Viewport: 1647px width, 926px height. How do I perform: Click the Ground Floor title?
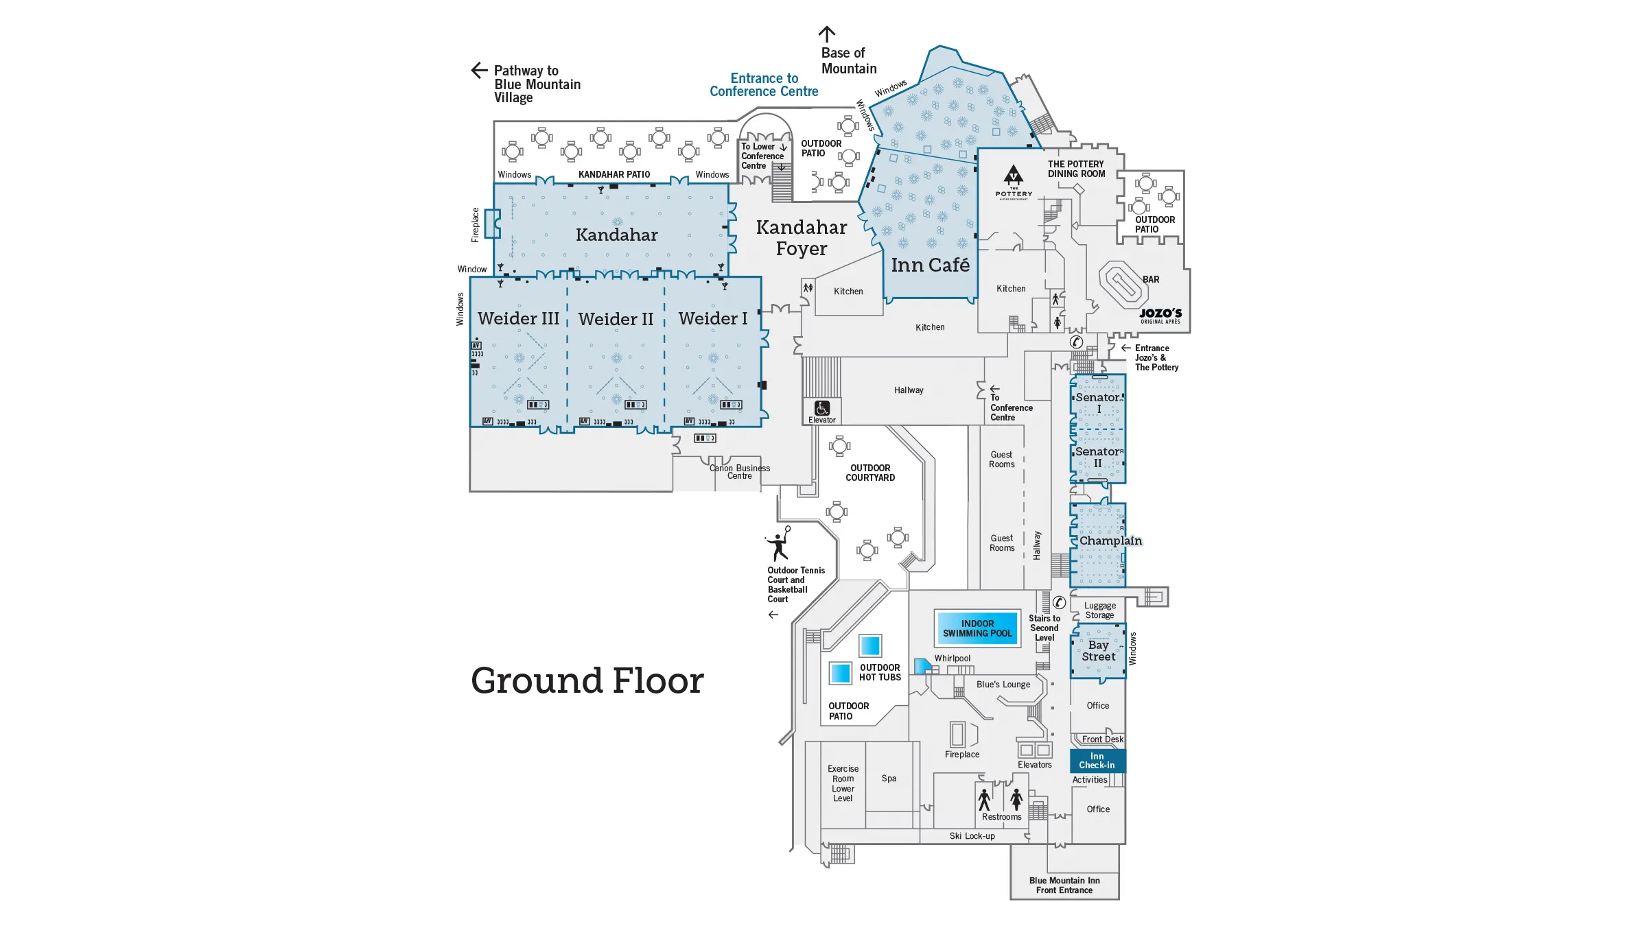pyautogui.click(x=587, y=681)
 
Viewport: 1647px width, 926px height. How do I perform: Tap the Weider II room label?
pyautogui.click(x=616, y=320)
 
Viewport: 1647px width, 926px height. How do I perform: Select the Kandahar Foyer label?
pyautogui.click(x=802, y=238)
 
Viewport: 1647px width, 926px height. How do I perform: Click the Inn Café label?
pyautogui.click(x=930, y=265)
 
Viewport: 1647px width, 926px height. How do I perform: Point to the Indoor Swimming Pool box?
pyautogui.click(x=977, y=628)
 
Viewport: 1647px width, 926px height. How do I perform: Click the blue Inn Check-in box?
pyautogui.click(x=1097, y=761)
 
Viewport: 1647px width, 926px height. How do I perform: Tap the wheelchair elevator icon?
pyautogui.click(x=822, y=409)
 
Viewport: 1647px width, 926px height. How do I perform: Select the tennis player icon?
pyautogui.click(x=779, y=544)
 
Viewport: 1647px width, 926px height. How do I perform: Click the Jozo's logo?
pyautogui.click(x=1160, y=315)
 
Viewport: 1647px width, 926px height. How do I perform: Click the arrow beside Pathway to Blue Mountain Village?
pyautogui.click(x=479, y=70)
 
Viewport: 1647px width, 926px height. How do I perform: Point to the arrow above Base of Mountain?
pyautogui.click(x=827, y=34)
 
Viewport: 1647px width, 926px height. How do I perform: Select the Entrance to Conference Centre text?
pyautogui.click(x=764, y=85)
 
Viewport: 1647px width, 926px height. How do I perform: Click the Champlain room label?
pyautogui.click(x=1110, y=541)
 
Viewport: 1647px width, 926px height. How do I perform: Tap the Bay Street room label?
pyautogui.click(x=1098, y=651)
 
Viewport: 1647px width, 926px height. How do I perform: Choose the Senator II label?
pyautogui.click(x=1098, y=458)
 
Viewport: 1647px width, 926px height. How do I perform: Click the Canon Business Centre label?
pyautogui.click(x=740, y=472)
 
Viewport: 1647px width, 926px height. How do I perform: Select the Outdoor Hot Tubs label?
pyautogui.click(x=880, y=672)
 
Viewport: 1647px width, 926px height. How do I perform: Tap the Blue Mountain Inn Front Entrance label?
pyautogui.click(x=1064, y=886)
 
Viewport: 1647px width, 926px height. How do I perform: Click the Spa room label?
pyautogui.click(x=889, y=779)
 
